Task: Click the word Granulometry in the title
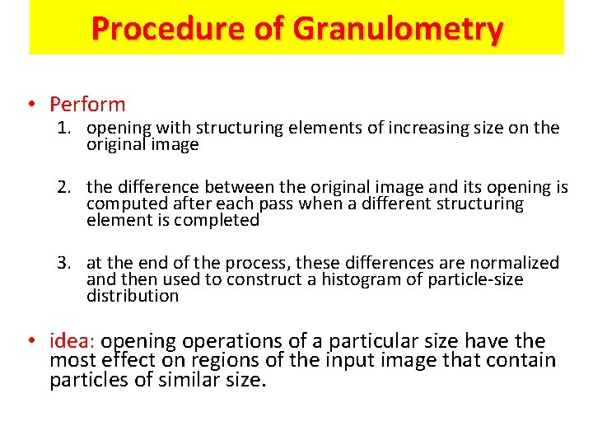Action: [x=398, y=29]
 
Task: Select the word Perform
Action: [x=87, y=105]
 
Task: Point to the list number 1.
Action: [x=64, y=129]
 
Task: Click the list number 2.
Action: [x=64, y=187]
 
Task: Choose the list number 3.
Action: [x=64, y=263]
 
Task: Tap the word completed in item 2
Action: [x=217, y=220]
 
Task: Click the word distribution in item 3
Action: [x=132, y=296]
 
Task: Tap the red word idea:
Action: [x=72, y=341]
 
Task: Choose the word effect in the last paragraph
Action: [x=124, y=360]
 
